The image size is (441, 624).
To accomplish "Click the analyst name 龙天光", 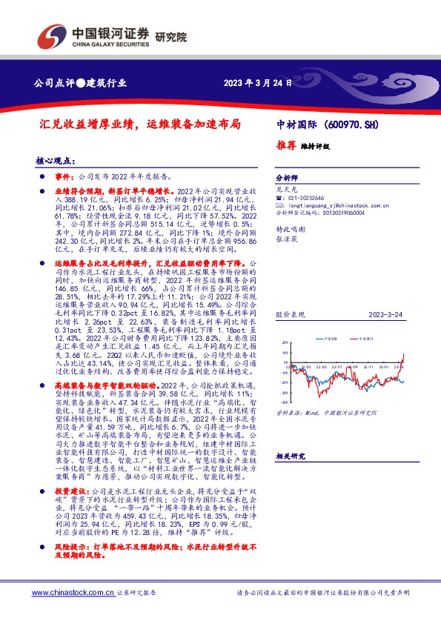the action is [x=283, y=190].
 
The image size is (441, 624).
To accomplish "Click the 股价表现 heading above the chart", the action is [x=288, y=315].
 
